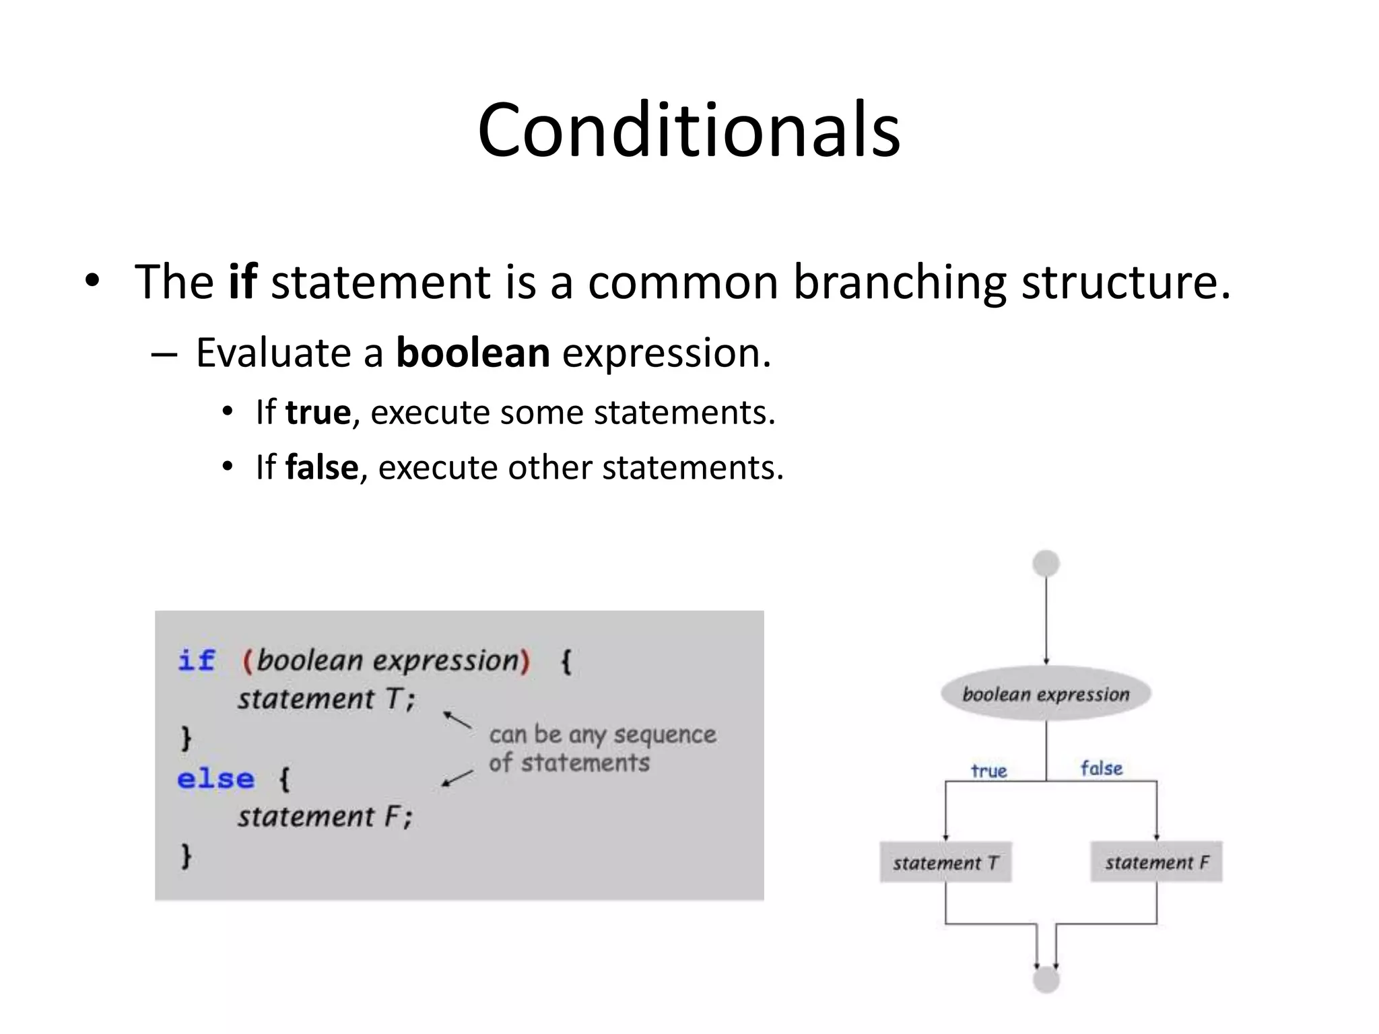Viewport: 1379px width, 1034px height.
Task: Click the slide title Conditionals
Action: click(688, 129)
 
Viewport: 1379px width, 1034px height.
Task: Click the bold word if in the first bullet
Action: click(242, 281)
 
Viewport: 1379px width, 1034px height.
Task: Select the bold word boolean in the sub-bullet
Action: click(473, 353)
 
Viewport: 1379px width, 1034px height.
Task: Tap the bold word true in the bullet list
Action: click(318, 412)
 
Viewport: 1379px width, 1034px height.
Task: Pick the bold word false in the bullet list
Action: click(322, 467)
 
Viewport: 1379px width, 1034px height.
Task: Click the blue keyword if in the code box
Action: click(196, 660)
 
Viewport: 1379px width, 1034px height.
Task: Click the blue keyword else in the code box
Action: click(215, 779)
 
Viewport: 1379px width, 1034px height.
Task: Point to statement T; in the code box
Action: click(326, 699)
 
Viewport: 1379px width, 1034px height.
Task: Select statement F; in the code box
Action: click(325, 817)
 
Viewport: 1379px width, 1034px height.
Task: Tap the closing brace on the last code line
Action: click(187, 856)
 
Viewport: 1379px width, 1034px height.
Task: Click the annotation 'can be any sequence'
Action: click(602, 734)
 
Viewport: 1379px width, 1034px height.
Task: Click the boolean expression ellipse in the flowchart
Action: click(1046, 694)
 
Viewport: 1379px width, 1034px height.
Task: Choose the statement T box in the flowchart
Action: click(945, 862)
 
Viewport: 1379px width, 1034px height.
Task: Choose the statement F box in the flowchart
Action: click(1156, 862)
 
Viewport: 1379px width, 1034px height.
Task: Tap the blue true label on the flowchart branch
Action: click(988, 771)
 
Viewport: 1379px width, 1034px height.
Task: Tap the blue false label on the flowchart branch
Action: click(1102, 769)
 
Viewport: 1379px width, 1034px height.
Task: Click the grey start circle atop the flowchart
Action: click(1046, 563)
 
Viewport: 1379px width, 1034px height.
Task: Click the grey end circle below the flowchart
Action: click(1046, 980)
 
